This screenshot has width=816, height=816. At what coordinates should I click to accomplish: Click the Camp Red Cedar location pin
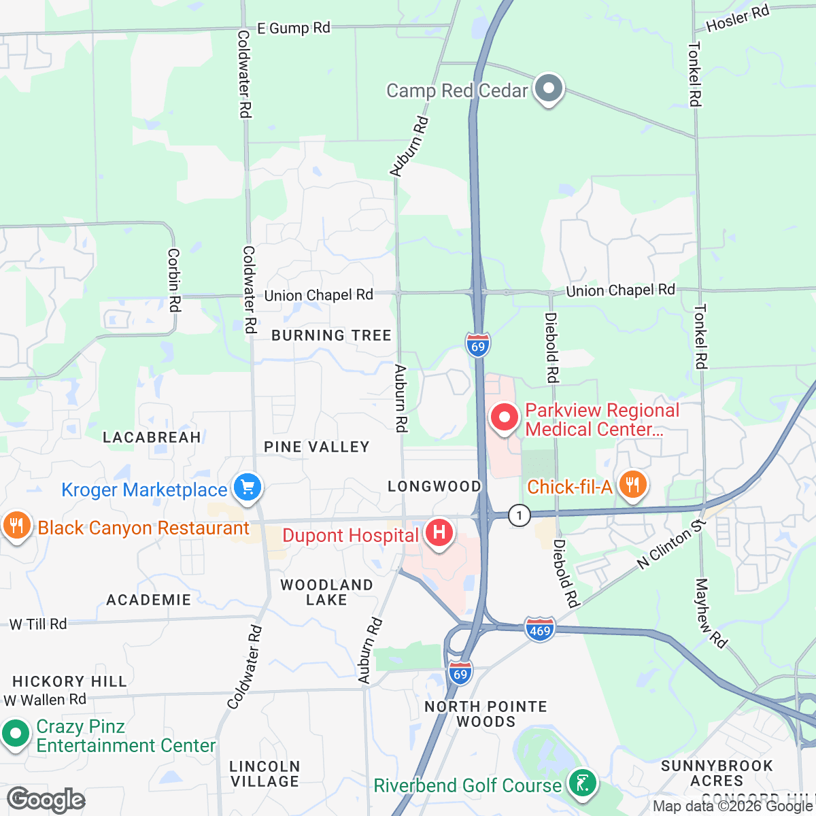(547, 89)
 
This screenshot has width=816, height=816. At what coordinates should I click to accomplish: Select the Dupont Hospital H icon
(439, 531)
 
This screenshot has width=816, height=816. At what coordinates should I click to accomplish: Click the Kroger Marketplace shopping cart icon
(247, 487)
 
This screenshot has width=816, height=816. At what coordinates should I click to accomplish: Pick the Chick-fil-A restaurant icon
(633, 485)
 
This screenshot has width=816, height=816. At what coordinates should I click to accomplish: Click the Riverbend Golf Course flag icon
(581, 783)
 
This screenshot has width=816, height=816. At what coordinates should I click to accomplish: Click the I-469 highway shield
(540, 630)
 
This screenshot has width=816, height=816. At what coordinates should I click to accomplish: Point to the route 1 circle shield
(520, 515)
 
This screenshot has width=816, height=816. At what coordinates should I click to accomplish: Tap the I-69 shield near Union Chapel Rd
(478, 345)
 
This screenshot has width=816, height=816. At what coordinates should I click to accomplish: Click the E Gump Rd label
(293, 28)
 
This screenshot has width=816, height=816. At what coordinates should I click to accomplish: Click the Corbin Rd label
(174, 280)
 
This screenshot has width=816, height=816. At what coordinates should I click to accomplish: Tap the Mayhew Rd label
(711, 613)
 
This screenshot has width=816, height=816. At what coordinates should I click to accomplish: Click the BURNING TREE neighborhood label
(331, 335)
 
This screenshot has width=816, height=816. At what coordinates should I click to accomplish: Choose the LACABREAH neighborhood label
(152, 437)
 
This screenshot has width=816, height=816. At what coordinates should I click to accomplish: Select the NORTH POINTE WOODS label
(486, 714)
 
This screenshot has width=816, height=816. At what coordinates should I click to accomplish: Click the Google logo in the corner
(46, 800)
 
